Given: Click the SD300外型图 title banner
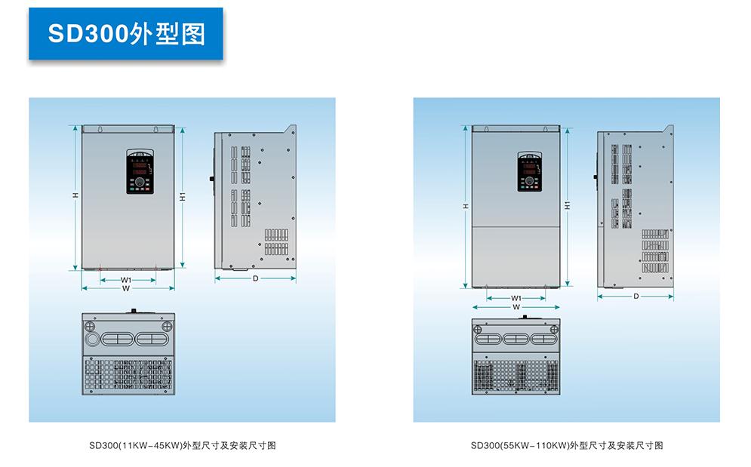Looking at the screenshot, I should [x=126, y=34].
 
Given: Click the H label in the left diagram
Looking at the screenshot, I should [x=75, y=195].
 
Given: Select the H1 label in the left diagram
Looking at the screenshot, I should [x=183, y=196].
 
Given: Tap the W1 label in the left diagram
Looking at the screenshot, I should [x=126, y=280].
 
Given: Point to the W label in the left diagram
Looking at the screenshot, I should [x=126, y=288].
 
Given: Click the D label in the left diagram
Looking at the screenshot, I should [x=255, y=278].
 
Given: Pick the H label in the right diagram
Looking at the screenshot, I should [x=466, y=205].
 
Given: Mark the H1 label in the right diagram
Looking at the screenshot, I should [x=567, y=204].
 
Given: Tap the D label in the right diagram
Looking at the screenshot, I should [x=636, y=296].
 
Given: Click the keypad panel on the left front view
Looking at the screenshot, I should [x=140, y=171].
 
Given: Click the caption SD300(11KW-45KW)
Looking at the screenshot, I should [x=182, y=445].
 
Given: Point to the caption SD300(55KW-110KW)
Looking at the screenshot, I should [x=566, y=445].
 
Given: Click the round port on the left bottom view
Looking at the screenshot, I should [x=91, y=338].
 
